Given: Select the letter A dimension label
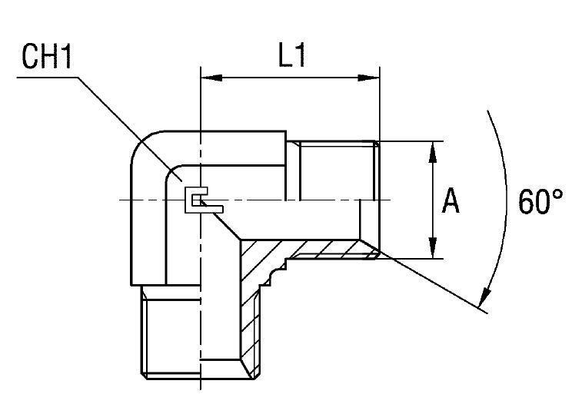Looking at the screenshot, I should pyautogui.click(x=451, y=202).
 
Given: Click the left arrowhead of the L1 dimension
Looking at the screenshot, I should pyautogui.click(x=208, y=77).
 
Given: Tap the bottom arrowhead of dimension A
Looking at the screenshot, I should pyautogui.click(x=434, y=252).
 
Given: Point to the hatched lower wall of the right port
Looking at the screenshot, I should pyautogui.click(x=323, y=250).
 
